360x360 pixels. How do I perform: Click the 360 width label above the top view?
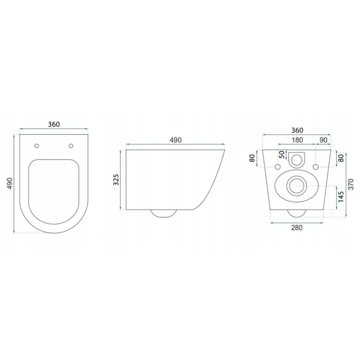pyautogui.click(x=54, y=124)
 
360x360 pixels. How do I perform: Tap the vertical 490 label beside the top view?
pyautogui.click(x=10, y=184)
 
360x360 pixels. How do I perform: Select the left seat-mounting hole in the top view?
pyautogui.click(x=36, y=146)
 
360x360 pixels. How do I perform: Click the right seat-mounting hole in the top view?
pyautogui.click(x=71, y=146)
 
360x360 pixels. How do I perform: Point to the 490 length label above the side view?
pyautogui.click(x=175, y=140)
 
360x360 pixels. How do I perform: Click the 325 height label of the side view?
pyautogui.click(x=116, y=180)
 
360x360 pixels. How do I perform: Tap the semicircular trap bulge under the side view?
pyautogui.click(x=163, y=213)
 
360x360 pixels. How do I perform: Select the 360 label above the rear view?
pyautogui.click(x=297, y=130)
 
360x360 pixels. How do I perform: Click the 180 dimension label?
pyautogui.click(x=297, y=140)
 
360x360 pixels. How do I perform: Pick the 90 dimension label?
pyautogui.click(x=323, y=140)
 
